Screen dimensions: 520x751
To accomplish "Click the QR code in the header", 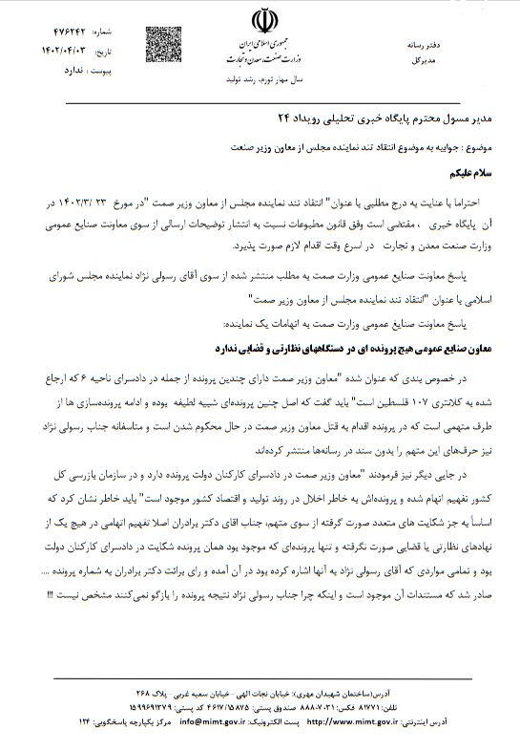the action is [x=161, y=42].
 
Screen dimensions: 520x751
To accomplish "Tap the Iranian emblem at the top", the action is [x=260, y=21].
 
